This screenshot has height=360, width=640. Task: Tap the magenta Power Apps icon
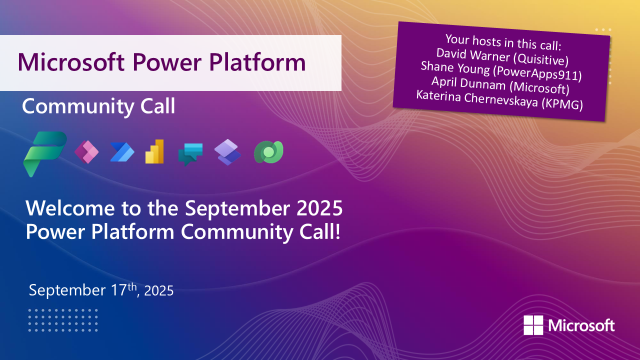[86, 152]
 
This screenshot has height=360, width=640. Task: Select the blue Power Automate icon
[122, 152]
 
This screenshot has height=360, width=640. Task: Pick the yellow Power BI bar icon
[154, 151]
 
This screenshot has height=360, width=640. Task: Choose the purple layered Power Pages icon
[227, 152]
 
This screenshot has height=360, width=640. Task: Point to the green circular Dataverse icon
[268, 152]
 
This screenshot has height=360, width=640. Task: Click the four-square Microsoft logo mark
[533, 325]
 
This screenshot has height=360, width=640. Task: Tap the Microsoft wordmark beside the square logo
[581, 325]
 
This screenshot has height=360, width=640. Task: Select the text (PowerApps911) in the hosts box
[537, 73]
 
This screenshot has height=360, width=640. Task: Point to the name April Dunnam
[468, 83]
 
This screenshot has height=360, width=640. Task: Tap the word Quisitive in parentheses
[541, 59]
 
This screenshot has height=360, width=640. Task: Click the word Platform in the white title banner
[257, 62]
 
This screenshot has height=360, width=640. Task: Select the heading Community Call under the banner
[98, 106]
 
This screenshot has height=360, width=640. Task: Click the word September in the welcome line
[237, 209]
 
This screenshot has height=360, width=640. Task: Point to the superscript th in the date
[132, 286]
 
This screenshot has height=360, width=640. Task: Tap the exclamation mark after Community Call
[337, 231]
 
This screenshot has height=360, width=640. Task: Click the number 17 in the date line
[118, 290]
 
